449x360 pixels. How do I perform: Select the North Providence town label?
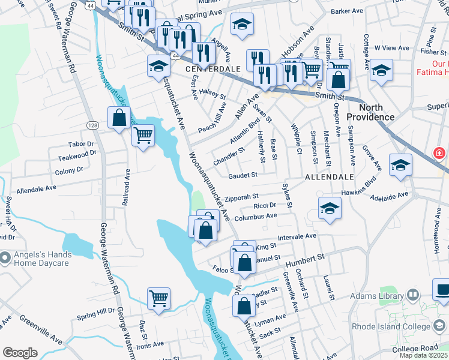coord(372,112)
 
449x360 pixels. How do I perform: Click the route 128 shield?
coord(92,125)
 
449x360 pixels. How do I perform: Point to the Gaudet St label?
coord(243,175)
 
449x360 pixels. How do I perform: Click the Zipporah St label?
coord(242,196)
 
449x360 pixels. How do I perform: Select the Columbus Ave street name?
coord(255,217)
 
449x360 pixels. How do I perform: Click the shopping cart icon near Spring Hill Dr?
coord(158,298)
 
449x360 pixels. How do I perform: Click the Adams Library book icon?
coord(413,295)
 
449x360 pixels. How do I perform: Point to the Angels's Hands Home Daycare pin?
coord(5,259)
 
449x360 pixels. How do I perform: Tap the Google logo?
coord(20,353)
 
